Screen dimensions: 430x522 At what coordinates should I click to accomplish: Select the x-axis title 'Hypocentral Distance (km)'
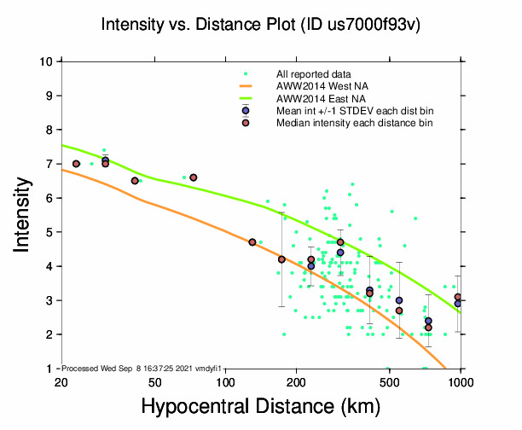coord(260,409)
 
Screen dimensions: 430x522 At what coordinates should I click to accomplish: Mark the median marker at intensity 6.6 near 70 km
coord(194,177)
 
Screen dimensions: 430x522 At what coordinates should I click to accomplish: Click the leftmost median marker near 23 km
coord(76,164)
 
